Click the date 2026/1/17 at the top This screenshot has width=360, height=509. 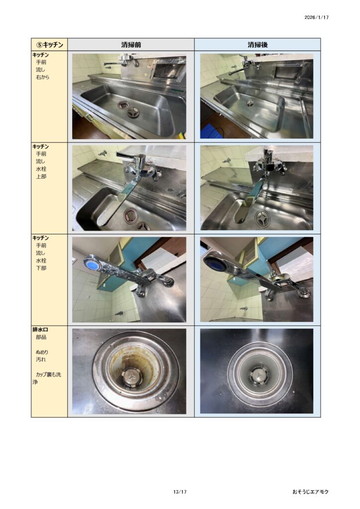point(317,17)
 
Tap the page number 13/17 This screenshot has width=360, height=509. point(180,492)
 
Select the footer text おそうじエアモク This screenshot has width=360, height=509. point(310,492)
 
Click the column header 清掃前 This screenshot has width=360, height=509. point(131,45)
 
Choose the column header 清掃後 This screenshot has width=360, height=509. point(258,45)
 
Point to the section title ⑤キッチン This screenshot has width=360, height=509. point(49,45)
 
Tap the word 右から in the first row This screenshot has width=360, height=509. point(43,77)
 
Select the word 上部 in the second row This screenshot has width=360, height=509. point(41,176)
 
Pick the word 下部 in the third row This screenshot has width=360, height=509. point(41,268)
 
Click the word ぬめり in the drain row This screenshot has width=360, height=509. point(42,352)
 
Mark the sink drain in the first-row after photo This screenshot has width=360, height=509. point(250,103)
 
